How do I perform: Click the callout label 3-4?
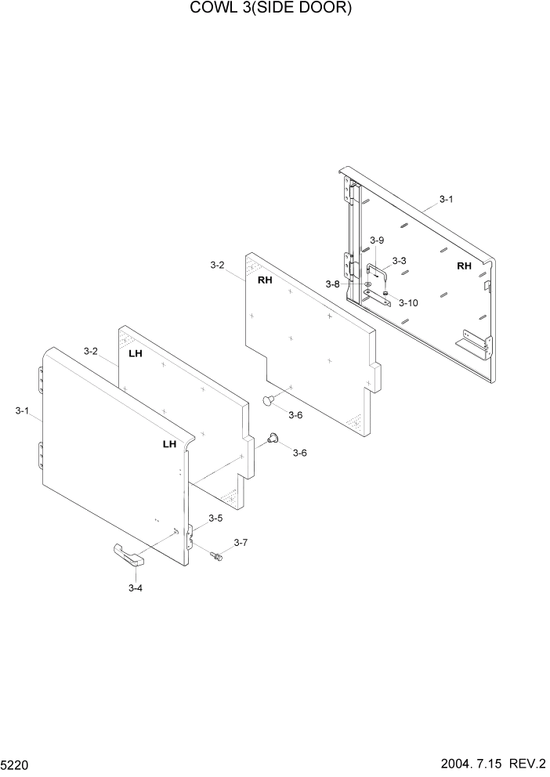(135, 587)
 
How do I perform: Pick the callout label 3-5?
(215, 518)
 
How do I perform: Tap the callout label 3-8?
(333, 284)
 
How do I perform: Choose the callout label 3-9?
(377, 240)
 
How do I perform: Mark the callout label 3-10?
(408, 302)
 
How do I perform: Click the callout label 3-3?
(399, 261)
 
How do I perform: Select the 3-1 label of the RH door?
(446, 200)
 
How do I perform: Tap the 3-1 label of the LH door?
(22, 410)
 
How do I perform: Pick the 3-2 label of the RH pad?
(218, 266)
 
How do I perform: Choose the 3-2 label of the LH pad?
(91, 351)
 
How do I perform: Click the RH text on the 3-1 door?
(465, 266)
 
